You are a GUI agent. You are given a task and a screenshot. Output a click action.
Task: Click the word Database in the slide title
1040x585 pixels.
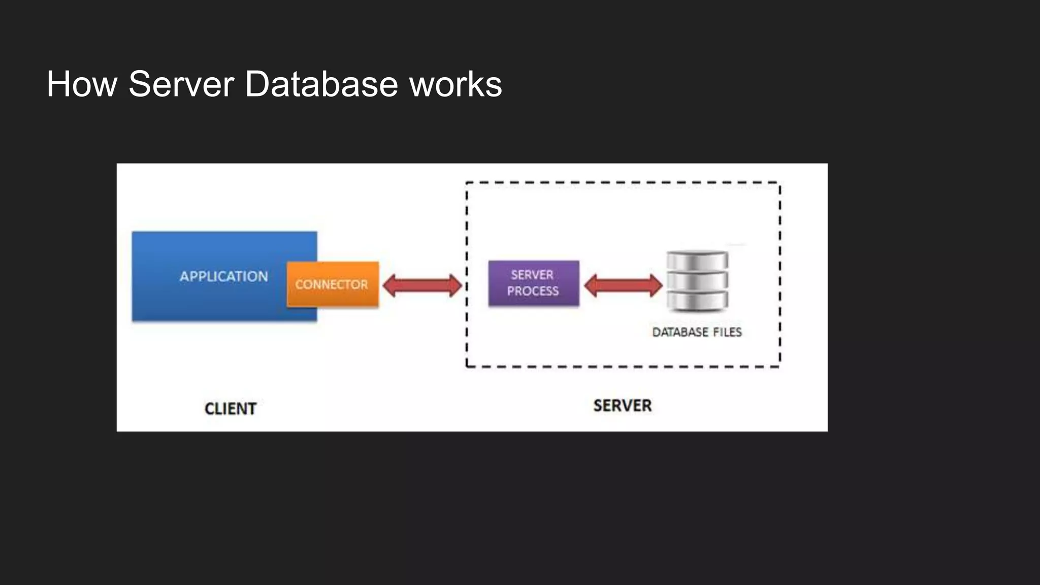[321, 84]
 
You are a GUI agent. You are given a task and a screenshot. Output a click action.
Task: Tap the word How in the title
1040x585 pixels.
[81, 84]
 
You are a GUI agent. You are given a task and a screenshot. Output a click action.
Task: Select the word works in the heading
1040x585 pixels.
[456, 84]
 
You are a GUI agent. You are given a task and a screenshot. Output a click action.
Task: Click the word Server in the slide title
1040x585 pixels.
[181, 84]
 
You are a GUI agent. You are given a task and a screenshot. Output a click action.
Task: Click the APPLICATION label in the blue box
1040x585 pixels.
[223, 276]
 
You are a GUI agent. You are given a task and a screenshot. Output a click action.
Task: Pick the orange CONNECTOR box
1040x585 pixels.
[332, 284]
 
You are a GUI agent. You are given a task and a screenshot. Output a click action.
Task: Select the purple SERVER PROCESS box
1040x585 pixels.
[533, 283]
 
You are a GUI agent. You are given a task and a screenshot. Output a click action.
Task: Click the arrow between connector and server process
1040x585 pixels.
[422, 285]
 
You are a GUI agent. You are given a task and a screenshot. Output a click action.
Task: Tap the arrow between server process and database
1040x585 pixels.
[623, 285]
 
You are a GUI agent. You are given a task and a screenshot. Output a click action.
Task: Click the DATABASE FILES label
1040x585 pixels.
[697, 332]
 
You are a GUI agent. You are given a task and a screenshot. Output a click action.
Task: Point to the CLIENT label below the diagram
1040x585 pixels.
[230, 409]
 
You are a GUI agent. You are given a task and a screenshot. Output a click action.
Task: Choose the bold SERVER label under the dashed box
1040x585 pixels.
[622, 406]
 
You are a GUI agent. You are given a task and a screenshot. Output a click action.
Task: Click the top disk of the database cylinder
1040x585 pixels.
[697, 260]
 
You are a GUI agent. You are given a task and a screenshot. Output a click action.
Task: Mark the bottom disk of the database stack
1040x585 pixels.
[697, 301]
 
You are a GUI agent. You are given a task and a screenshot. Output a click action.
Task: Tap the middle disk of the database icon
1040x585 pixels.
[697, 280]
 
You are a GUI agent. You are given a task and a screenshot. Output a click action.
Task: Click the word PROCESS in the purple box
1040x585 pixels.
[533, 291]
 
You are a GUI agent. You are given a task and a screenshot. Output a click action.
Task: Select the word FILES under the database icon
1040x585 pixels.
[727, 332]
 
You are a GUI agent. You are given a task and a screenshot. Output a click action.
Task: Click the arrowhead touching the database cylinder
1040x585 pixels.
[656, 285]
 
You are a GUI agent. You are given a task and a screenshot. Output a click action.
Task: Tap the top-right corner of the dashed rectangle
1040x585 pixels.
[779, 183]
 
